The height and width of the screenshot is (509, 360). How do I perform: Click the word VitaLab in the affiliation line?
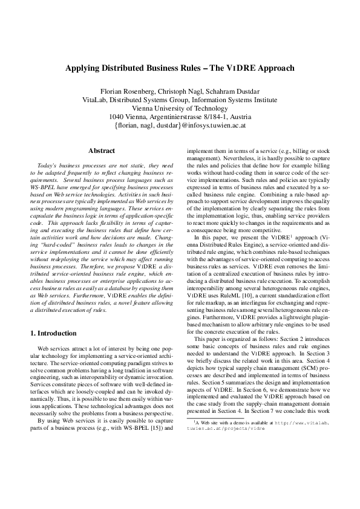[x=95, y=100]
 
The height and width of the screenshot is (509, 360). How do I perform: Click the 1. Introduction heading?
[x=53, y=333]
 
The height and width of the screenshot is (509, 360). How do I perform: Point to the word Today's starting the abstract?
[x=49, y=165]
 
